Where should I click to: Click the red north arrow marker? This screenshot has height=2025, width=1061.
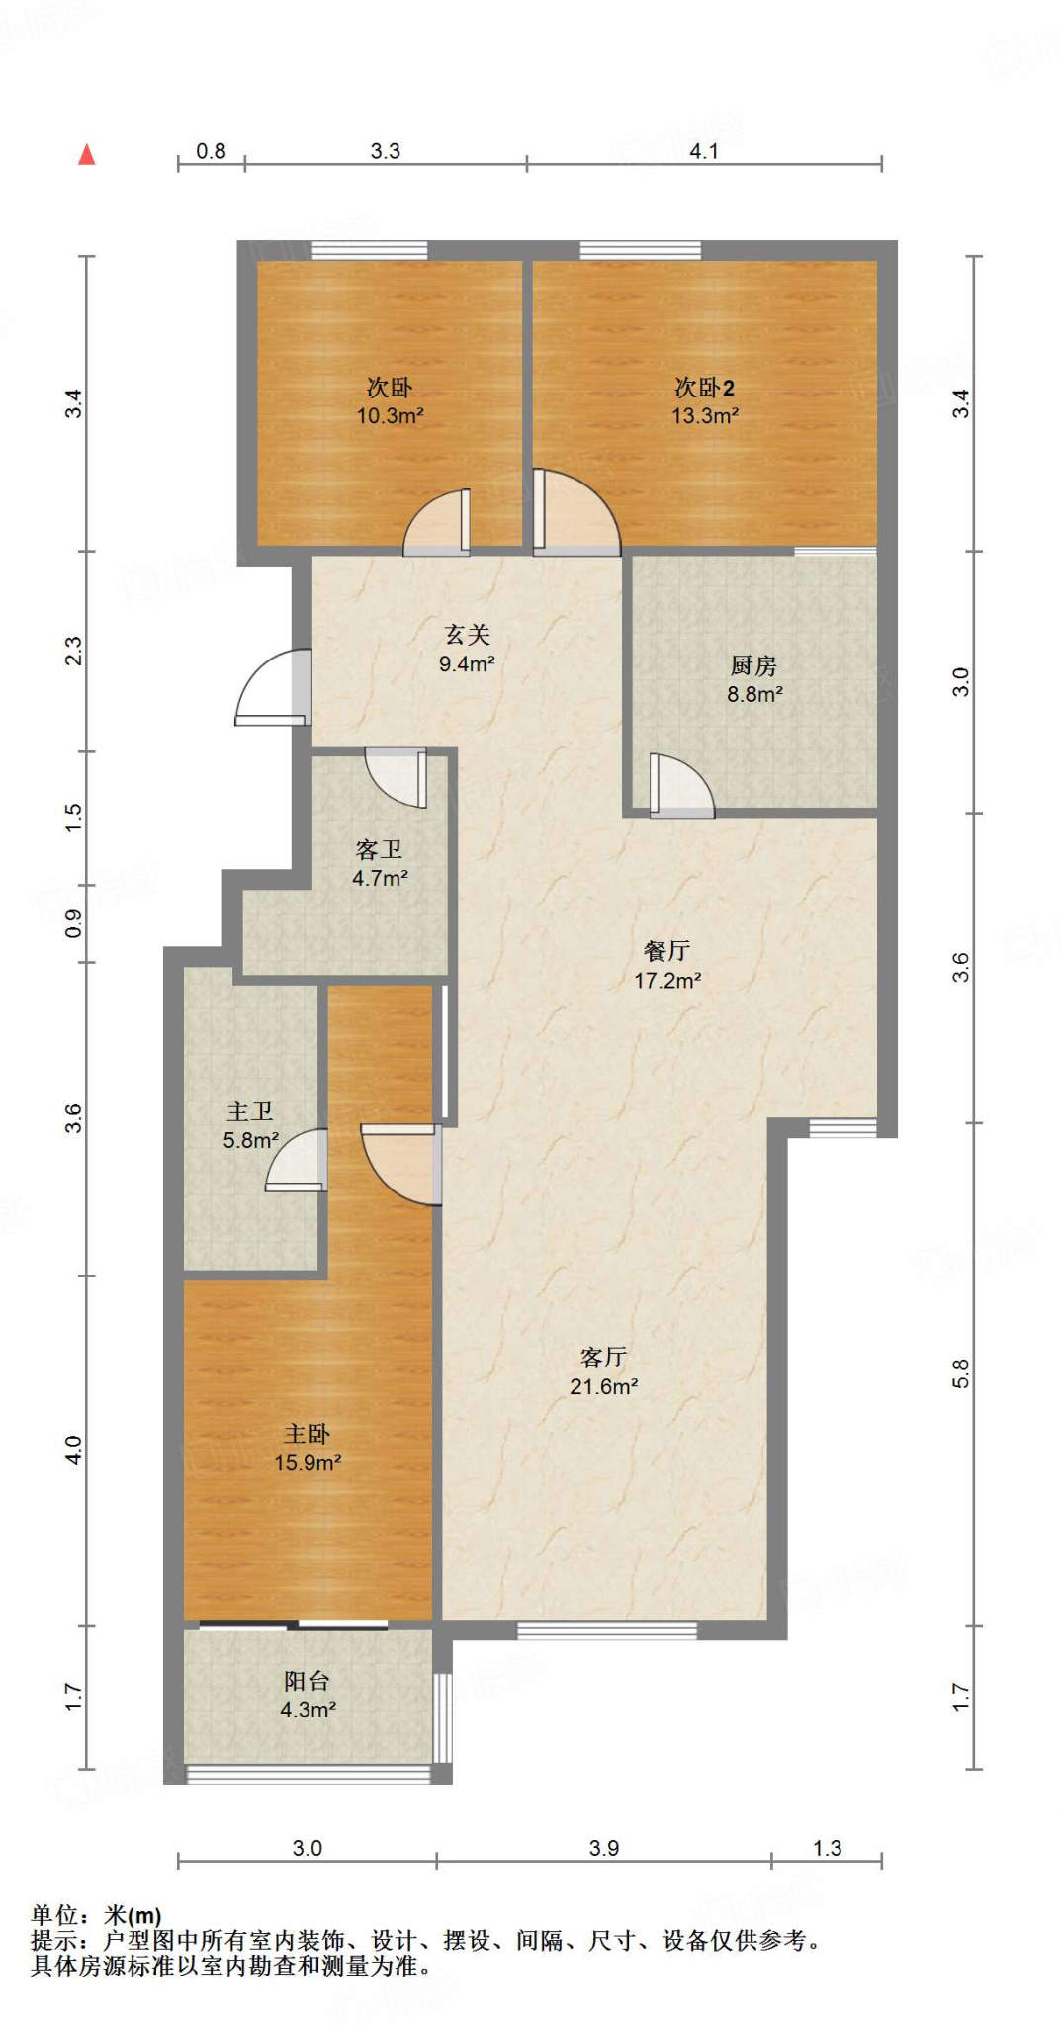(x=87, y=154)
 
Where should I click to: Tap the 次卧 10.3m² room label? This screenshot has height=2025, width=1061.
(x=390, y=401)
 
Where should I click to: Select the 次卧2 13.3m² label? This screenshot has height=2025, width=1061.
(x=705, y=401)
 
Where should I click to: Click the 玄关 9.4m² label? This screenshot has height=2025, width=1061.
(x=467, y=649)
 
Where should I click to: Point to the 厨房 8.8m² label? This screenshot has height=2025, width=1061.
(x=754, y=680)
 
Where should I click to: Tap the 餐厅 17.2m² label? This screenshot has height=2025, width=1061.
(x=667, y=965)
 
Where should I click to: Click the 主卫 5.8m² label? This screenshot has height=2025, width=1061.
(x=250, y=1126)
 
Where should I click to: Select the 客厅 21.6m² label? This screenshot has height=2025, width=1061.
(x=603, y=1371)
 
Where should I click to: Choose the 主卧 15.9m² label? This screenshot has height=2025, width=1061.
(x=308, y=1448)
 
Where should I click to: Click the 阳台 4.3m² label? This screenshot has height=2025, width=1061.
(x=308, y=1695)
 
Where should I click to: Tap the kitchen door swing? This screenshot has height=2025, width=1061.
(x=681, y=786)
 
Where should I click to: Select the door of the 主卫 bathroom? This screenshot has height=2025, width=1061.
(x=296, y=1160)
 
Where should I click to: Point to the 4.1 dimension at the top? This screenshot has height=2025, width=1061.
(x=704, y=151)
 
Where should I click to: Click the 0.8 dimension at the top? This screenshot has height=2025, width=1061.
(x=211, y=151)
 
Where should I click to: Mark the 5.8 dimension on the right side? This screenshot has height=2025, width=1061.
(x=961, y=1373)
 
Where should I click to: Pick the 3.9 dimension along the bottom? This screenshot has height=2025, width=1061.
(x=604, y=1848)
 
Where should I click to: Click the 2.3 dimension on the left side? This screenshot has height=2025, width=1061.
(x=74, y=651)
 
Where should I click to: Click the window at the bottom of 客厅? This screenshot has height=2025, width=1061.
(x=607, y=1630)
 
